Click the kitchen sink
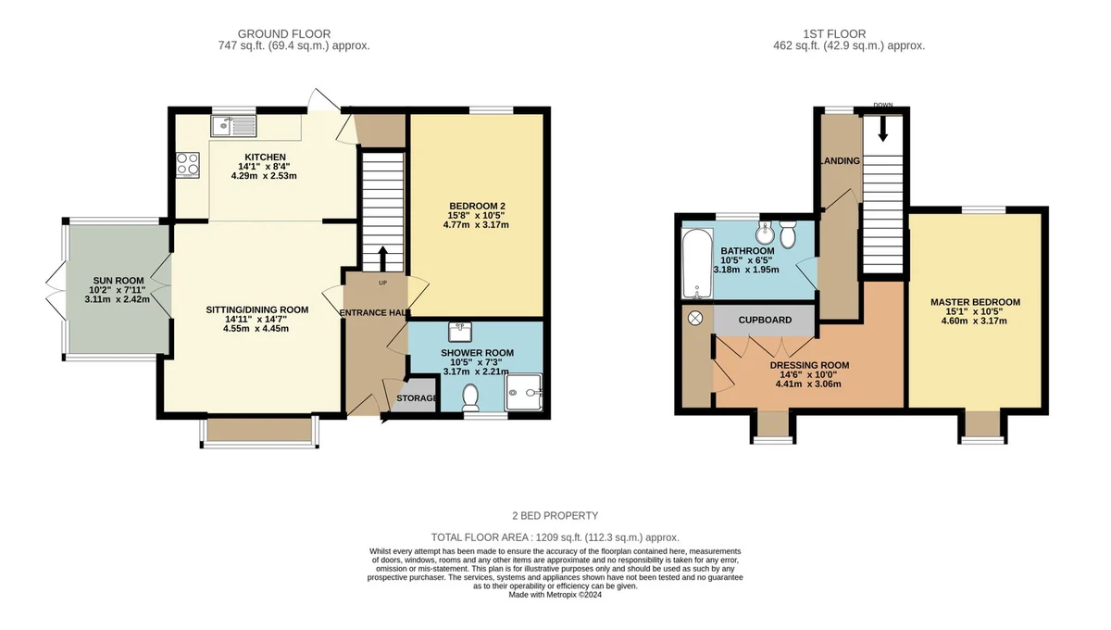point(233,126)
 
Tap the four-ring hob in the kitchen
point(188,165)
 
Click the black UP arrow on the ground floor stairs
point(383,258)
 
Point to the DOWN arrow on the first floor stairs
point(883,129)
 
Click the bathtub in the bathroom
point(698,264)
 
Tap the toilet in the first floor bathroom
point(788,234)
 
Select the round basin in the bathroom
point(765,231)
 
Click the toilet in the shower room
point(470,397)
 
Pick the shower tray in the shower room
point(523,392)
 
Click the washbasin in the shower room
point(460,332)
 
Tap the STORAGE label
point(418,398)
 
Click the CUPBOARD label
point(765,320)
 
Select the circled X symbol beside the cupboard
point(695,318)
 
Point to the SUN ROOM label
point(119,281)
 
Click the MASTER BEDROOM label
point(975,302)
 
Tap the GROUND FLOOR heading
point(284,33)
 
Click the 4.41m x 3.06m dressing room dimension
point(808,384)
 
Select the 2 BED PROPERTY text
point(555,516)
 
